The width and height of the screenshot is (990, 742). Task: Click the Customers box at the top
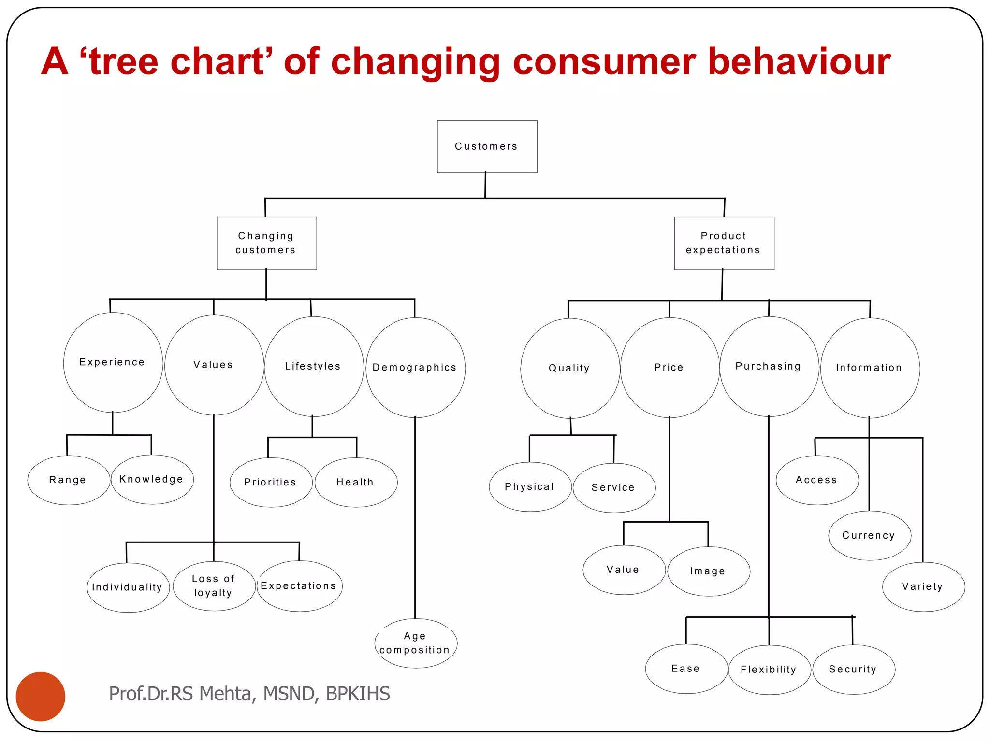point(487,146)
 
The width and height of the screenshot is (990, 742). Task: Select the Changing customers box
point(266,243)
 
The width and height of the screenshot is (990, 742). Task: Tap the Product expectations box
point(724,243)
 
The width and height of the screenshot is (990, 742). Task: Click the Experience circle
point(113,362)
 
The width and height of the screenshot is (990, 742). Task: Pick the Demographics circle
point(415,368)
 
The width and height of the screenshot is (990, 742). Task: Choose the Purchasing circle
point(769,367)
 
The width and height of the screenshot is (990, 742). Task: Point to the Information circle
point(870,368)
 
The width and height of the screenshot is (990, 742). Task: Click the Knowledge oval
point(152,479)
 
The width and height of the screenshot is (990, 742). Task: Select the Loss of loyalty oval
point(214,586)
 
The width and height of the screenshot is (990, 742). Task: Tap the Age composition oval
point(415,643)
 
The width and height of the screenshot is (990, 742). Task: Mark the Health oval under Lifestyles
point(356,482)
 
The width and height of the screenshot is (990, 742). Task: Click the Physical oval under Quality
point(530,486)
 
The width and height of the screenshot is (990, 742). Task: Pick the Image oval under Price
point(708,571)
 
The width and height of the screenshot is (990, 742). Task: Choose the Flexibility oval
point(769,670)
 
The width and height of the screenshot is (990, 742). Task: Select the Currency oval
point(869,535)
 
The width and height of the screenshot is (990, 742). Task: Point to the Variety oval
point(923,586)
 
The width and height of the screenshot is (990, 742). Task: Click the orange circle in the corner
point(41,696)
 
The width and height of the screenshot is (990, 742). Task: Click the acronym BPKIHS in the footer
point(358,694)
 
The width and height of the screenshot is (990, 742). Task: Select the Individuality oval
point(128,587)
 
